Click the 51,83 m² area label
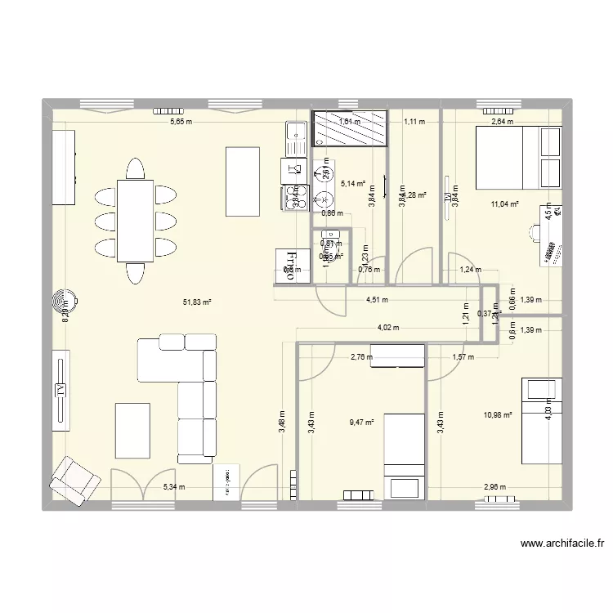point(197,302)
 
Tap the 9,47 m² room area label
point(361,423)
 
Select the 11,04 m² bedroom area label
point(505,204)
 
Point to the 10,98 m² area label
point(498,415)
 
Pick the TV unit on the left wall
point(60,391)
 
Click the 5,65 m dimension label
point(181,123)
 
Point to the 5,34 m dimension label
point(174,488)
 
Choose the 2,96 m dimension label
point(494,488)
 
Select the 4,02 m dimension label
point(387,328)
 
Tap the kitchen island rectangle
point(243,181)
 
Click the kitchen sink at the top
point(293,136)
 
